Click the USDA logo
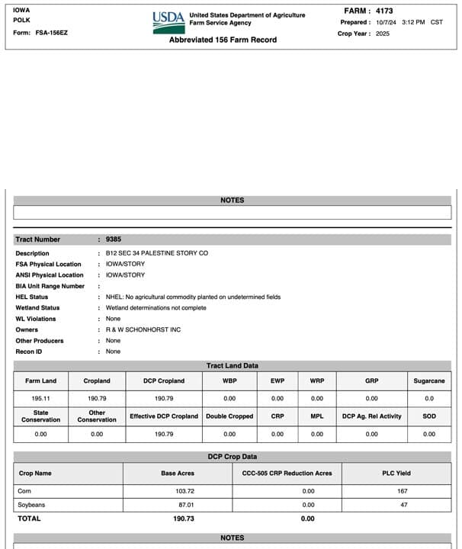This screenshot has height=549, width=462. pyautogui.click(x=168, y=21)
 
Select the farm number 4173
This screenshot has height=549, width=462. pyautogui.click(x=383, y=11)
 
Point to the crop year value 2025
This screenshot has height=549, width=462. pyautogui.click(x=383, y=34)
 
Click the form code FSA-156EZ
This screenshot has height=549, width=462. pyautogui.click(x=52, y=33)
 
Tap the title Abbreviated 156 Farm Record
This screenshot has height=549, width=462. pyautogui.click(x=223, y=40)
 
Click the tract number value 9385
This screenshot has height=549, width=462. pyautogui.click(x=114, y=239)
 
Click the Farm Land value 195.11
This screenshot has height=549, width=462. pyautogui.click(x=40, y=398)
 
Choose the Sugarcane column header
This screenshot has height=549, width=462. pyautogui.click(x=429, y=380)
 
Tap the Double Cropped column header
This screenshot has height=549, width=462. pyautogui.click(x=229, y=416)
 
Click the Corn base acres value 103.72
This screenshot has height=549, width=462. pyautogui.click(x=184, y=491)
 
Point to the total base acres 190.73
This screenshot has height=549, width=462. pyautogui.click(x=184, y=518)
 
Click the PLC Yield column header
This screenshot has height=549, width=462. pyautogui.click(x=403, y=473)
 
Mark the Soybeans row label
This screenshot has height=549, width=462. pyautogui.click(x=31, y=505)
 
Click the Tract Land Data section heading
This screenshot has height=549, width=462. pyautogui.click(x=232, y=366)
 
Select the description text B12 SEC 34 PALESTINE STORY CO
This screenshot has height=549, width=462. pyautogui.click(x=156, y=253)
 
